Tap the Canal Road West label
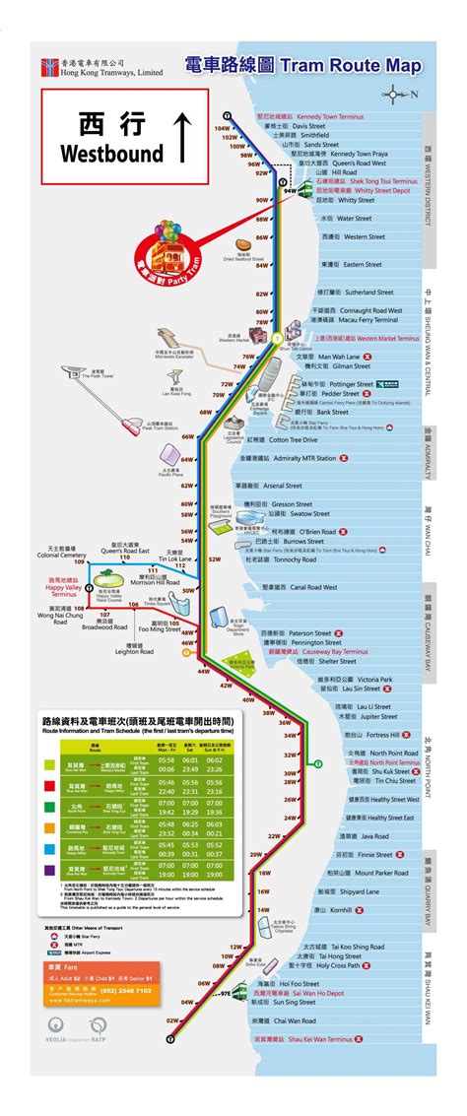(x=295, y=586)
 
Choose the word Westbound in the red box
(x=99, y=154)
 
